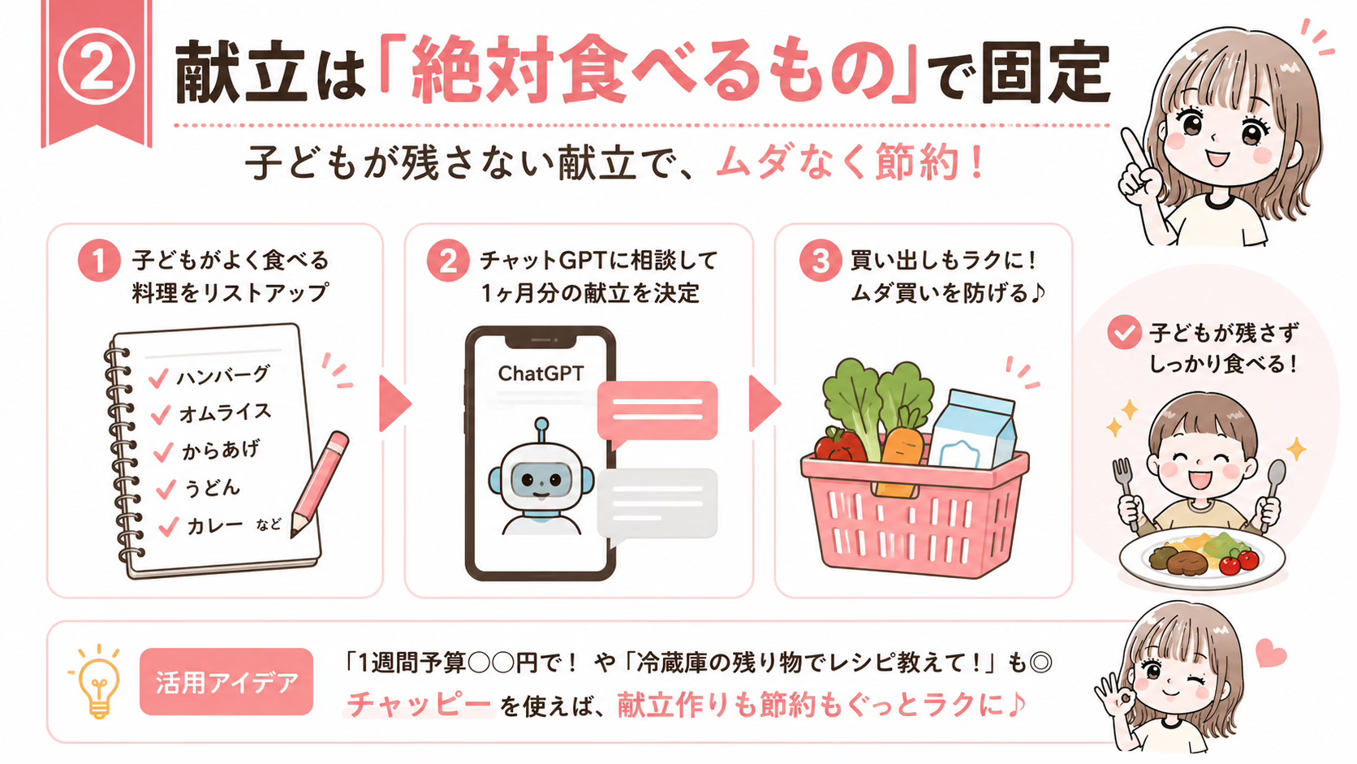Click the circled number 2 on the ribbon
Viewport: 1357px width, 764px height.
[96, 68]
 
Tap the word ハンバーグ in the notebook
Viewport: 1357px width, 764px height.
[223, 376]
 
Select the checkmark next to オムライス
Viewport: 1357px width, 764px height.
[161, 415]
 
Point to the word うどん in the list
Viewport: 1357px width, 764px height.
[212, 488]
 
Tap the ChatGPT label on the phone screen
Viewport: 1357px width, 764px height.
[541, 373]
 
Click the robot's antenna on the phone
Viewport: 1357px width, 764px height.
[541, 430]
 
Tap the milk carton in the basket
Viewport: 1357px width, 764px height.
[972, 431]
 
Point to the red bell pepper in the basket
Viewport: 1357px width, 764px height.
[840, 445]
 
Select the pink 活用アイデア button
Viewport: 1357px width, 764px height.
[226, 682]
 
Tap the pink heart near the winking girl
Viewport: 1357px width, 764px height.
[1270, 653]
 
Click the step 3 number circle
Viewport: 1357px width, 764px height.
[821, 261]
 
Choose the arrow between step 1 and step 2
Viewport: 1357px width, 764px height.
[394, 404]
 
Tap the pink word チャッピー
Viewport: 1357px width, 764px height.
[419, 705]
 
